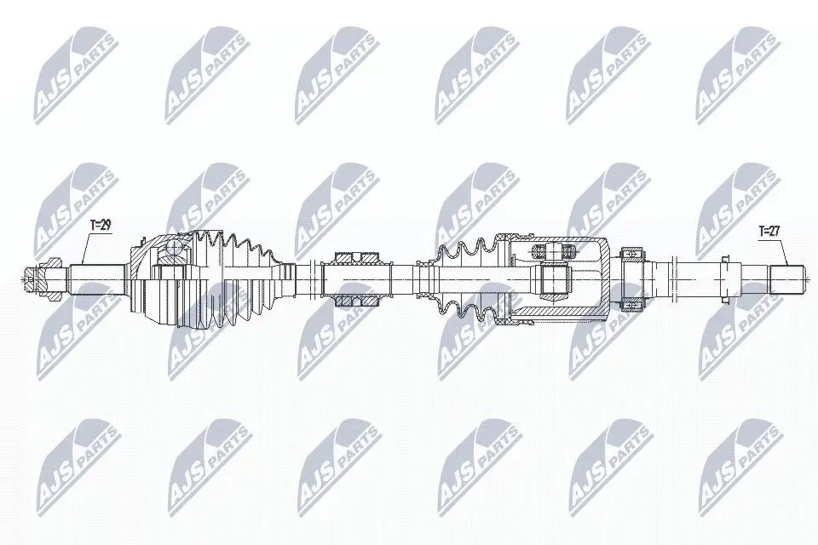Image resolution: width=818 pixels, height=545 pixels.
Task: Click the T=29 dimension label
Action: [x=101, y=226]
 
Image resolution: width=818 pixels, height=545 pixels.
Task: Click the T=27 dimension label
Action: [x=769, y=231]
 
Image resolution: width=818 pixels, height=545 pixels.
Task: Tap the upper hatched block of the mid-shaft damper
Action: [x=357, y=258]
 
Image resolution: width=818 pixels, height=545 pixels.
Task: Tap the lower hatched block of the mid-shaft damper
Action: [x=357, y=301]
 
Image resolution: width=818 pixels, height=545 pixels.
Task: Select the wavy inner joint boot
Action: [x=467, y=279]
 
